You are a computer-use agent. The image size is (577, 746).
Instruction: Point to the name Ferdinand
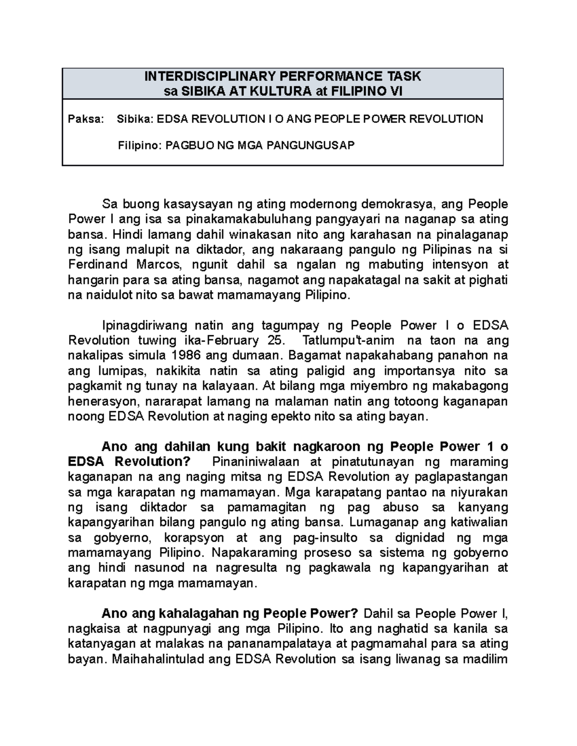click(98, 265)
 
